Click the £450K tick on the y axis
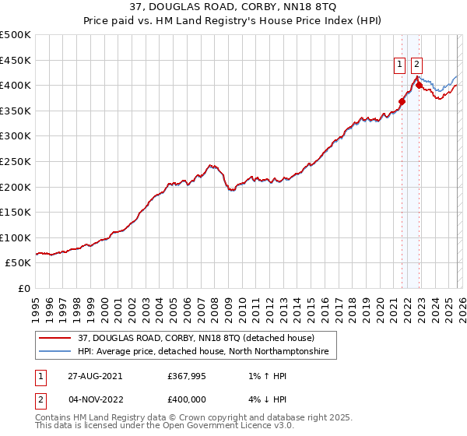tap(16, 60)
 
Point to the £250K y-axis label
tap(16, 162)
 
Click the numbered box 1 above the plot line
tap(399, 65)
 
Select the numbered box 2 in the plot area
tap(417, 65)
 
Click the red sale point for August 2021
tap(402, 101)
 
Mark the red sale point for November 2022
tap(419, 85)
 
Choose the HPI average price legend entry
tap(202, 353)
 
